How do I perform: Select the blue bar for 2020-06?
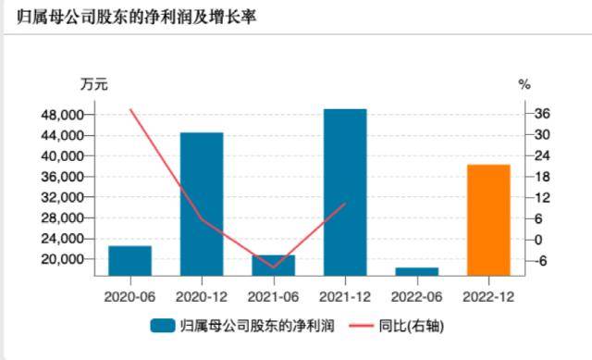130,260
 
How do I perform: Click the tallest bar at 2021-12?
345,192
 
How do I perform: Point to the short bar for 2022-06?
416,271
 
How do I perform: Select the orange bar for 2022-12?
488,219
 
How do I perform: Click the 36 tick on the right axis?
543,115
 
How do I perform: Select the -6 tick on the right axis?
543,260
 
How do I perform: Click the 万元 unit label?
93,84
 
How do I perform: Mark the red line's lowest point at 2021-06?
273,267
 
